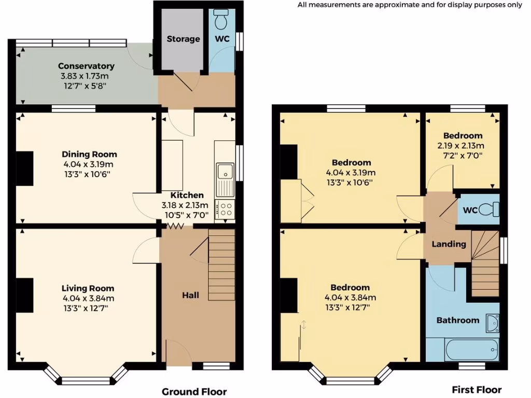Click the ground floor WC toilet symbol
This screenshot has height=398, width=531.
click(221, 20)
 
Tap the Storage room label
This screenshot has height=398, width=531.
click(183, 39)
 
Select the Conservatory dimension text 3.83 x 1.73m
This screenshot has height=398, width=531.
click(86, 76)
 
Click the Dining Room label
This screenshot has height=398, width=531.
click(89, 154)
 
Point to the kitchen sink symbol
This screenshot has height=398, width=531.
click(225, 172)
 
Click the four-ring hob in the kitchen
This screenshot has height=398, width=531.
click(226, 209)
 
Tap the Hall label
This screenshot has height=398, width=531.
click(190, 295)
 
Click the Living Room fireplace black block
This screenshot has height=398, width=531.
click(25, 295)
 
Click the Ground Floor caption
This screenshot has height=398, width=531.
click(194, 392)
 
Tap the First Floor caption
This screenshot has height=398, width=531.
click(477, 390)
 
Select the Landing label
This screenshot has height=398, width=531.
click(449, 244)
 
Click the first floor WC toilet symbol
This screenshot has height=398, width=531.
click(490, 209)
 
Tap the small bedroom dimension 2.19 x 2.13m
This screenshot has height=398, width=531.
click(460, 146)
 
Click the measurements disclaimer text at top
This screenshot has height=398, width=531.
click(410, 5)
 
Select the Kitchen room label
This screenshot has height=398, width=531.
click(187, 195)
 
